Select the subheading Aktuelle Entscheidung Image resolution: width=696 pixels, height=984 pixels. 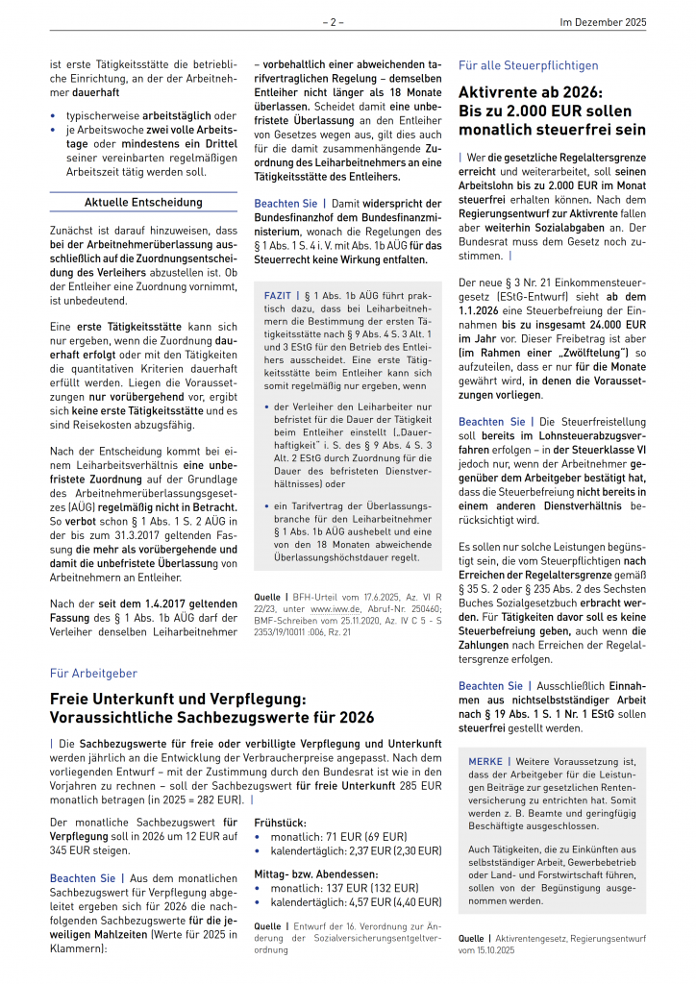tap(143, 203)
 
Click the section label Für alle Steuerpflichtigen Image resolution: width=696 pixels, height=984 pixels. tap(528, 65)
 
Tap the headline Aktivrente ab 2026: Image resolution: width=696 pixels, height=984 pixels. tap(530, 92)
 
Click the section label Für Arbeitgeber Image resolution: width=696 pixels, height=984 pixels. tap(93, 674)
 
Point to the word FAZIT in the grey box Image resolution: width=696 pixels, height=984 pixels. tap(280, 295)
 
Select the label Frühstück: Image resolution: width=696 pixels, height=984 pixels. tap(281, 822)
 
